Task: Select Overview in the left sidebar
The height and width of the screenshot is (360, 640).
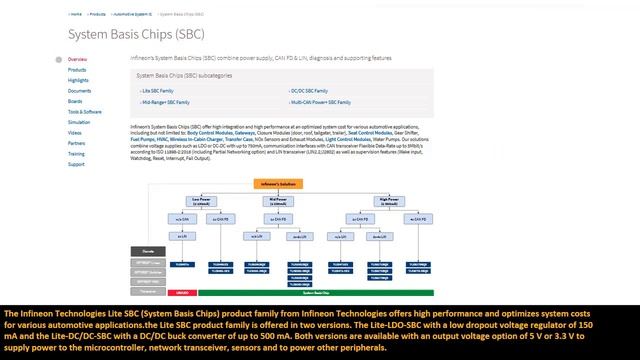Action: click(77, 60)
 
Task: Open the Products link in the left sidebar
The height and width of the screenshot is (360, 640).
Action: click(77, 70)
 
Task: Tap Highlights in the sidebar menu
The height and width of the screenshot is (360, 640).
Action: click(79, 80)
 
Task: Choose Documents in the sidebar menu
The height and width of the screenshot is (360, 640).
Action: click(79, 91)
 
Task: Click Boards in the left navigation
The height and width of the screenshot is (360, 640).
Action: click(75, 101)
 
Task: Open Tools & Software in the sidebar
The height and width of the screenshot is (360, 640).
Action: click(85, 112)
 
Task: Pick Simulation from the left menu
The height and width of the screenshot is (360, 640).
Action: click(79, 122)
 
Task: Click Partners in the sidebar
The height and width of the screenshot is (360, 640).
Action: click(77, 143)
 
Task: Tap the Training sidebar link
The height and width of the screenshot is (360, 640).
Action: click(77, 154)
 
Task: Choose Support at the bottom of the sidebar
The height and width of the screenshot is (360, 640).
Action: click(76, 164)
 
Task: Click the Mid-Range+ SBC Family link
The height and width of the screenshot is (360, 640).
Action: click(165, 102)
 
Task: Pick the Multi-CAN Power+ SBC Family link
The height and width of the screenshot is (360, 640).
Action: click(321, 102)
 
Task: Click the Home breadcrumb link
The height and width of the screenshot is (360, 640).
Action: click(76, 15)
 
